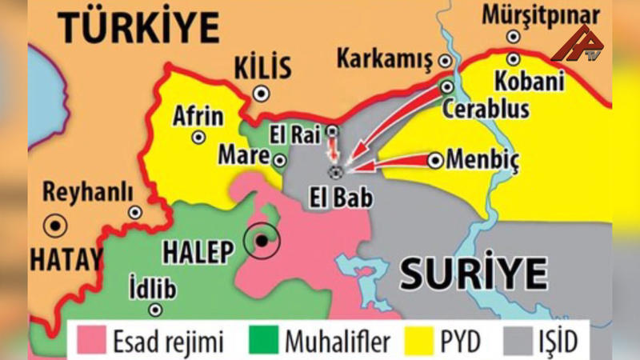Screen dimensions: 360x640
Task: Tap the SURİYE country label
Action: click(474, 274)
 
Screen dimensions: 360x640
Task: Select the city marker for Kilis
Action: click(260, 94)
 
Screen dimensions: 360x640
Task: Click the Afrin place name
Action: click(198, 117)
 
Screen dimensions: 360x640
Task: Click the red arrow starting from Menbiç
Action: click(392, 163)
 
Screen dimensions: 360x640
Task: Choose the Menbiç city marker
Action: click(435, 161)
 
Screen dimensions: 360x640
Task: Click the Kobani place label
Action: click(529, 81)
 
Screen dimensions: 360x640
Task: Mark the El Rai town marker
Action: click(333, 130)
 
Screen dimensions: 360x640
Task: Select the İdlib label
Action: click(151, 286)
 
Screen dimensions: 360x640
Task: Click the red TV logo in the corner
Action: click(578, 44)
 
